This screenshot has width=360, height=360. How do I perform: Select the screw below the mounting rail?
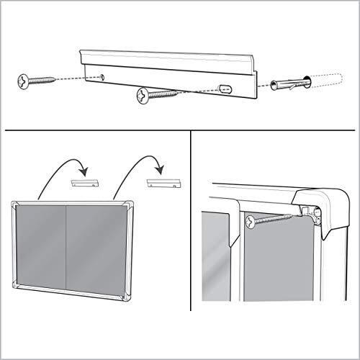[x=155, y=94]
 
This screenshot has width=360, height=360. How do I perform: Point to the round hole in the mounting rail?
[x=101, y=75]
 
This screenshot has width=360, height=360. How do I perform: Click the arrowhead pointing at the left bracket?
[x=85, y=171]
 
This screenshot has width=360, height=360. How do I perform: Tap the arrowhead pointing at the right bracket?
[x=163, y=171]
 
